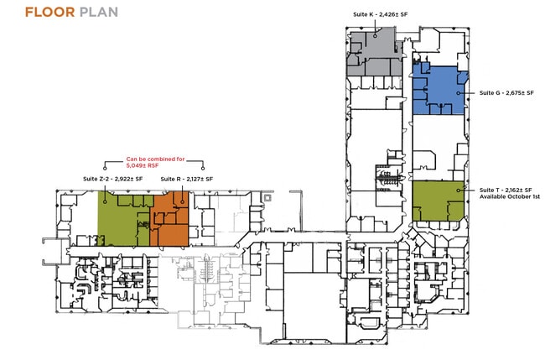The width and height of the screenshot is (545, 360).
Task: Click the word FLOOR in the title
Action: [x=50, y=13]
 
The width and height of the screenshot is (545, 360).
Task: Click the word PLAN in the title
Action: [x=99, y=13]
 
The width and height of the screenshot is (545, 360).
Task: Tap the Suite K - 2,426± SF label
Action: [x=381, y=14]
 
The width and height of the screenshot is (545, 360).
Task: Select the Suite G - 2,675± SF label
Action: [x=506, y=93]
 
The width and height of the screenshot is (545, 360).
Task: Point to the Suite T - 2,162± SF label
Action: [x=506, y=190]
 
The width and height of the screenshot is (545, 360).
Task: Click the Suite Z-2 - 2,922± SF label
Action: [x=113, y=179]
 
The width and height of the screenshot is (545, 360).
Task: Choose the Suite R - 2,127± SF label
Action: [x=187, y=179]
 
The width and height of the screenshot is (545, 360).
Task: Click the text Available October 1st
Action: [x=510, y=196]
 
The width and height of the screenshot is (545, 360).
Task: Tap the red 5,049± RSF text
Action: [x=143, y=166]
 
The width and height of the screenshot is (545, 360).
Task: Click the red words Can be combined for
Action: [x=155, y=159]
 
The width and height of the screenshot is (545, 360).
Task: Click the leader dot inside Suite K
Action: [x=376, y=35]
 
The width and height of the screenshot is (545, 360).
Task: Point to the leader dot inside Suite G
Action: [x=459, y=93]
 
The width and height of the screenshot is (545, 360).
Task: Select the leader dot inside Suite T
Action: [x=459, y=190]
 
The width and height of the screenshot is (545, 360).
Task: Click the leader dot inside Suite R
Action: [x=182, y=201]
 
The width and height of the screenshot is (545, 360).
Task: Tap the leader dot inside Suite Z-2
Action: [x=105, y=201]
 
